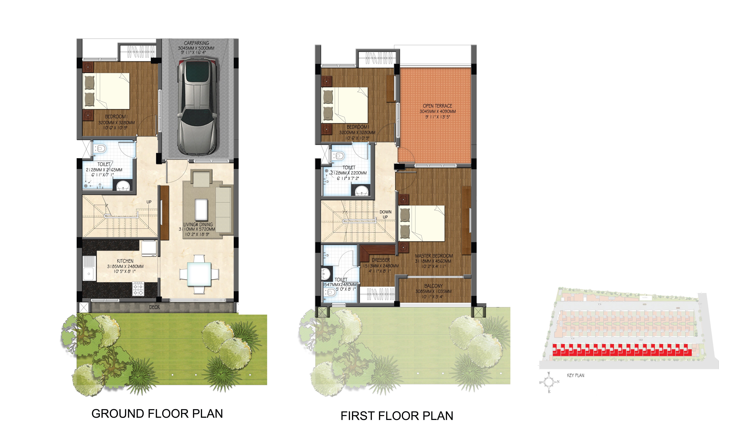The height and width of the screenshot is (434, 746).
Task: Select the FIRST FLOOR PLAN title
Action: pos(397,416)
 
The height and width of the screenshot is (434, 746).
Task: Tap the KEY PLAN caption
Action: pos(575,375)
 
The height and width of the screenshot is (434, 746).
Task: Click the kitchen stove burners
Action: pos(138,289)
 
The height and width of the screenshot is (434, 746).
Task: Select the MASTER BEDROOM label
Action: pos(434,256)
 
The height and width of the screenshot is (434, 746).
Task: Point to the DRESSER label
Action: pos(381,260)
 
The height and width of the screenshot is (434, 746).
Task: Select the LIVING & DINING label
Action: pos(198,225)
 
